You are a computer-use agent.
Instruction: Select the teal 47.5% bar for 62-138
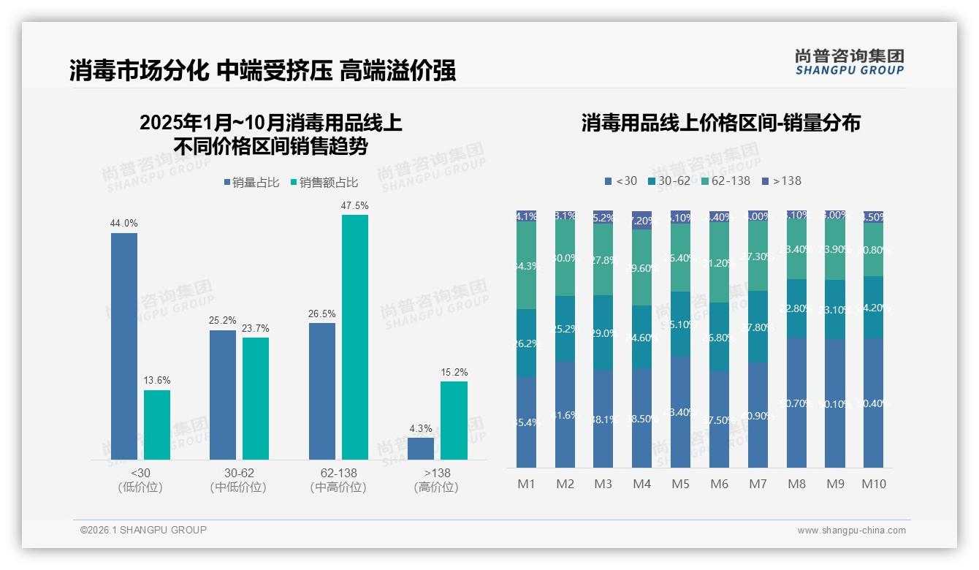pos(355,337)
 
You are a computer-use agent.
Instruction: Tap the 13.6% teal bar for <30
pos(157,425)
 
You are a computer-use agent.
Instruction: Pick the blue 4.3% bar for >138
pos(421,449)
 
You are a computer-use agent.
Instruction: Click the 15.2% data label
pos(454,373)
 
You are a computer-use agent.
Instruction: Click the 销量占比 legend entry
pos(251,183)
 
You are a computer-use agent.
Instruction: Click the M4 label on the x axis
pos(641,484)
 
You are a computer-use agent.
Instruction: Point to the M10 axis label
pos(874,484)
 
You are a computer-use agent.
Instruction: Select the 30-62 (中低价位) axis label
pos(238,480)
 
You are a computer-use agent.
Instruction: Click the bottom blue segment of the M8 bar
pos(796,402)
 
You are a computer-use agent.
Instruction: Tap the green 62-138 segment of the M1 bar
pos(526,265)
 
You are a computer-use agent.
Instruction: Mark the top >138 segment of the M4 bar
pos(641,220)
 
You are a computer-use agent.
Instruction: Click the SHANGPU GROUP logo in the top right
pos(849,62)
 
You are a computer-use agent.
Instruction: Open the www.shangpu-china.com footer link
pos(851,531)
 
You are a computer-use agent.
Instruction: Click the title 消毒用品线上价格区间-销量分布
pos(720,123)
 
